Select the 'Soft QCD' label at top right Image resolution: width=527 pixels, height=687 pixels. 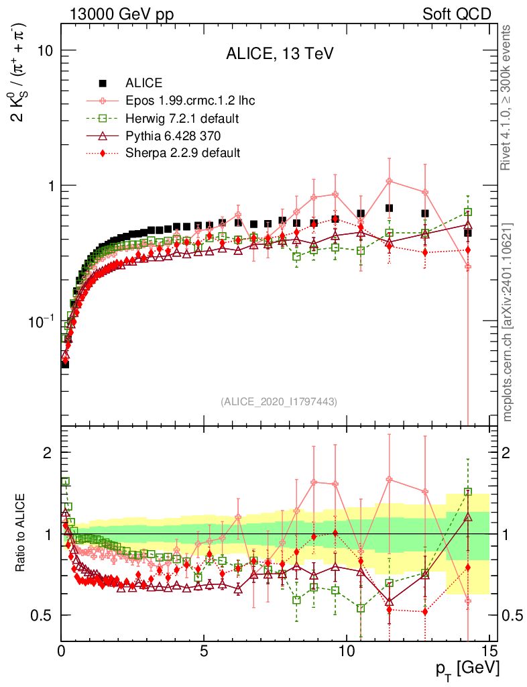[456, 14]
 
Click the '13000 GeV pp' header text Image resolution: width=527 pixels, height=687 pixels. [121, 14]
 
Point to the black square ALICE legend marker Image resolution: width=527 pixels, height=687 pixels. [103, 84]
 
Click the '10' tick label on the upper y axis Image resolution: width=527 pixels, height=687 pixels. [44, 51]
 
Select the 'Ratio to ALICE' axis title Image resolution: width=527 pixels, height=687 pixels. [21, 534]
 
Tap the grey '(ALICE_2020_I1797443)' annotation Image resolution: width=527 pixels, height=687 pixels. [278, 401]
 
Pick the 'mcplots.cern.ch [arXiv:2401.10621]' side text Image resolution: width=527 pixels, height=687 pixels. [508, 322]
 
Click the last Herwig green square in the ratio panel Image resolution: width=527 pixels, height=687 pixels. [468, 492]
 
